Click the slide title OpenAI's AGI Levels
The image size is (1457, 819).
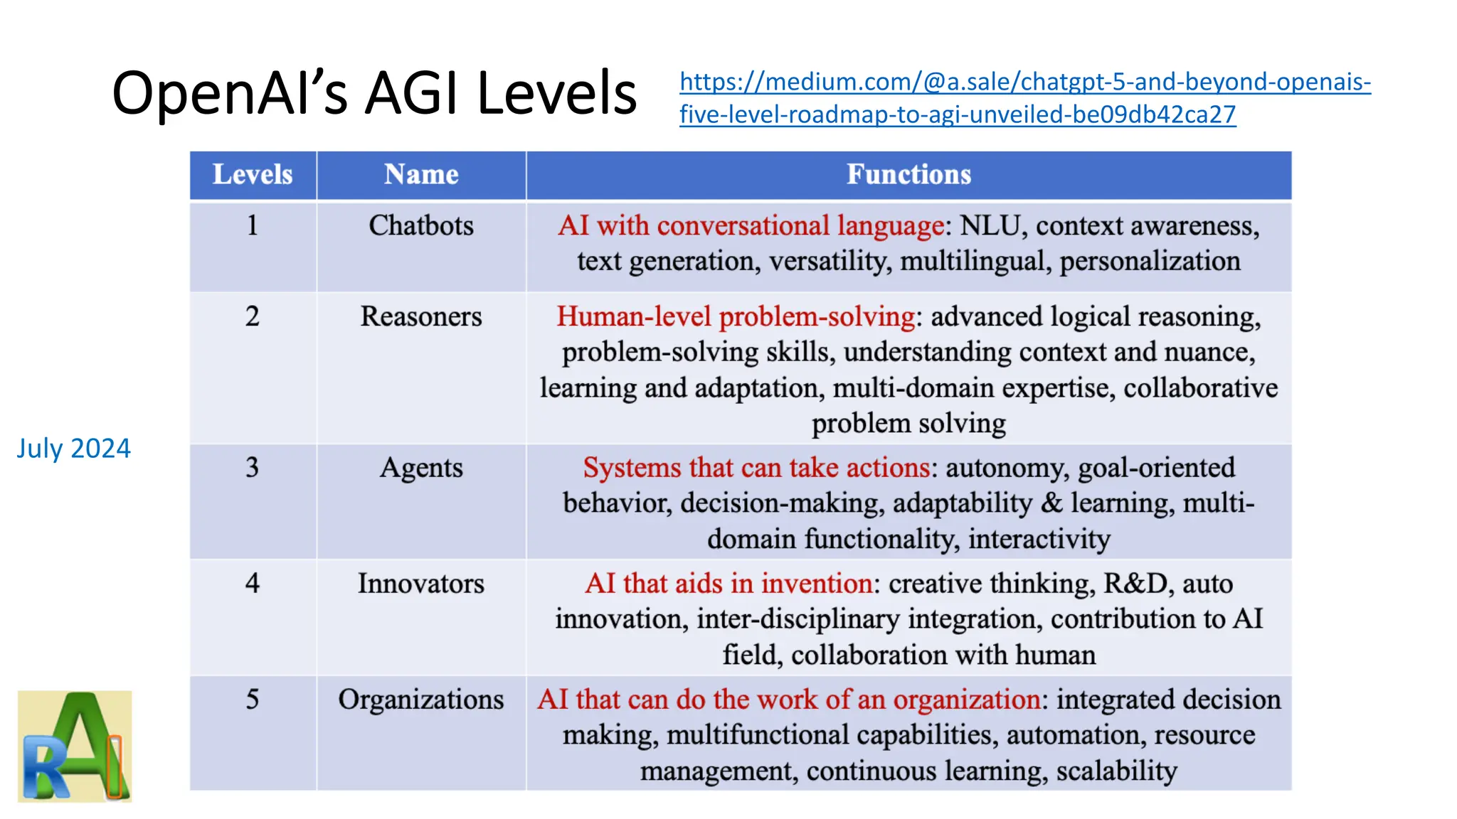(374, 93)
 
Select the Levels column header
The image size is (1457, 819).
(253, 175)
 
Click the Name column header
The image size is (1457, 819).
(421, 175)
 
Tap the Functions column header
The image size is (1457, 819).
(908, 175)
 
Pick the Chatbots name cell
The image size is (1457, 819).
(421, 226)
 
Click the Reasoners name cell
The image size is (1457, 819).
(421, 316)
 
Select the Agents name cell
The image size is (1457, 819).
(421, 468)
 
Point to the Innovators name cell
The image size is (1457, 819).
(421, 584)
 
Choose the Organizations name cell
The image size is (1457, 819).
(421, 700)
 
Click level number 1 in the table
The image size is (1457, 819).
(253, 226)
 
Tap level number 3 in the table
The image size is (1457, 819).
(253, 468)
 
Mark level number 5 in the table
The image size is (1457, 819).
(253, 700)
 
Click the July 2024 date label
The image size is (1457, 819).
(73, 449)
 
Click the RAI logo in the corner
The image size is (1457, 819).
(75, 746)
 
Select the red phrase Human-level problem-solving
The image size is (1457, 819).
(736, 316)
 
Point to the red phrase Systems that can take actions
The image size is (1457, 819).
(756, 468)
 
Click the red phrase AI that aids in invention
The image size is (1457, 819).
(728, 584)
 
